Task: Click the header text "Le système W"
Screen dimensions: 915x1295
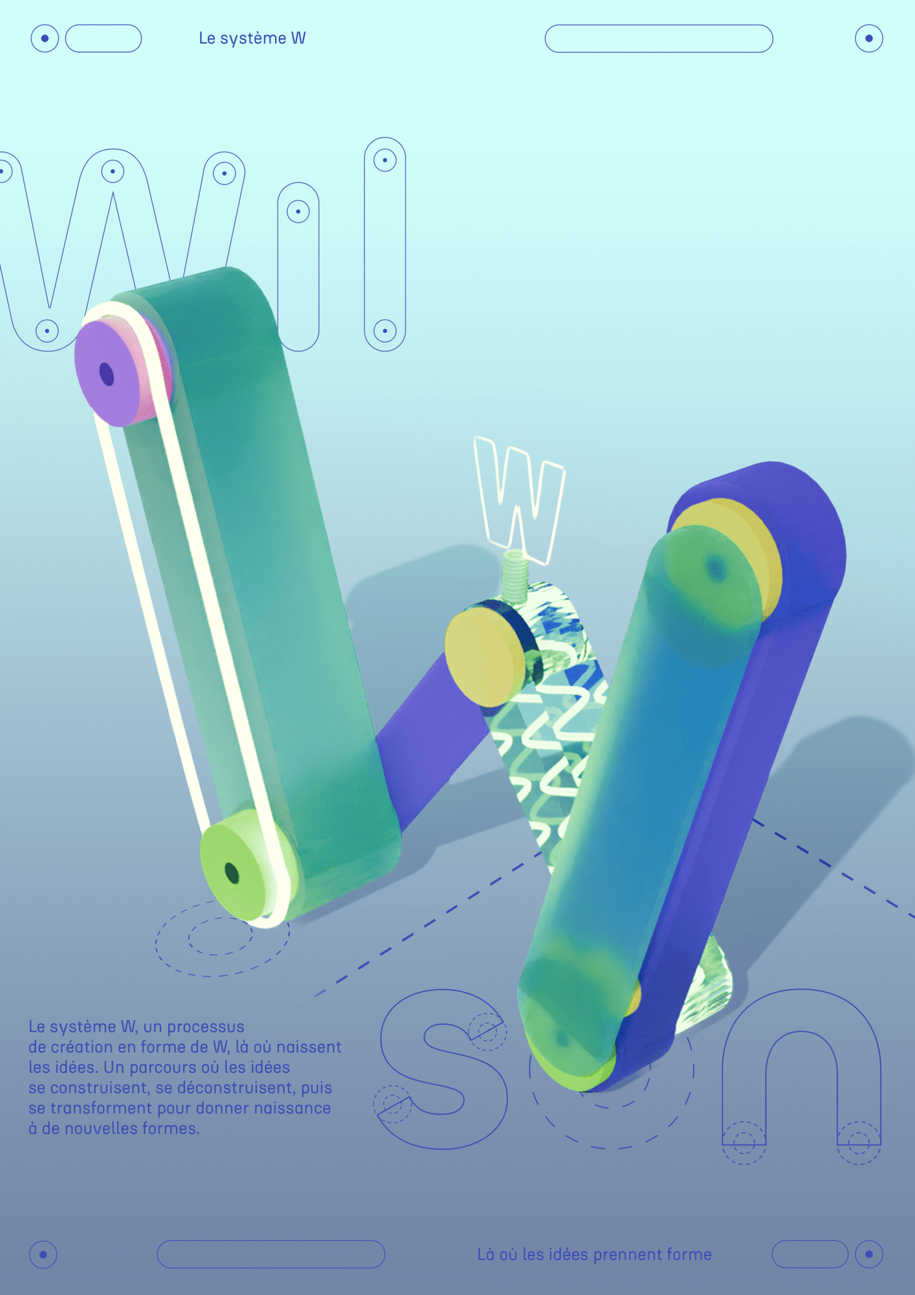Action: pyautogui.click(x=252, y=38)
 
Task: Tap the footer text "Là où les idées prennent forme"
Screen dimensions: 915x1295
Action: pyautogui.click(x=594, y=1254)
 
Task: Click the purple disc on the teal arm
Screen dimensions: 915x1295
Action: pyautogui.click(x=109, y=373)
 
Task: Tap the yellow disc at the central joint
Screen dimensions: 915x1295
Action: pyautogui.click(x=485, y=655)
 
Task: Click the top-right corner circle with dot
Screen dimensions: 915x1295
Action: pyautogui.click(x=869, y=38)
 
